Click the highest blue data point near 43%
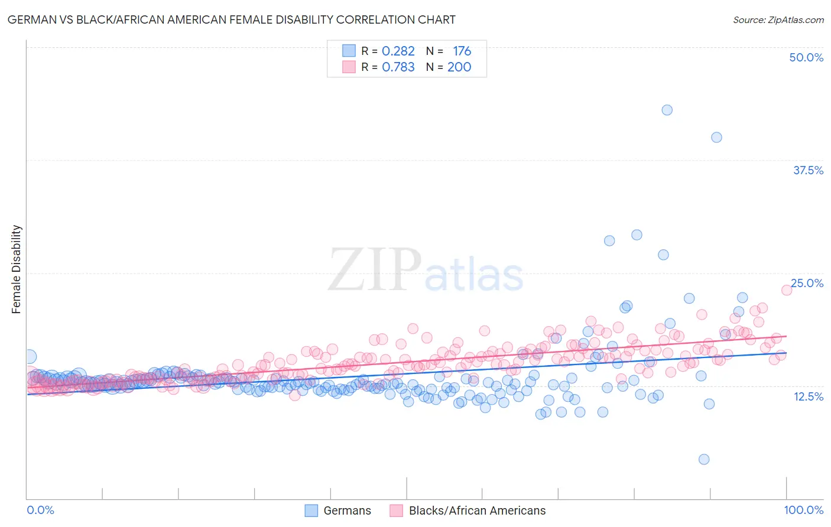pyautogui.click(x=667, y=110)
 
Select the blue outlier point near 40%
pyautogui.click(x=716, y=137)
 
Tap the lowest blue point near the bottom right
pyautogui.click(x=703, y=459)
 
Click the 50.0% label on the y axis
pyautogui.click(x=806, y=57)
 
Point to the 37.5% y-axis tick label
pyautogui.click(x=808, y=170)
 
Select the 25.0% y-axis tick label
pyautogui.click(x=807, y=283)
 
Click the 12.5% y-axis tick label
pyautogui.click(x=808, y=396)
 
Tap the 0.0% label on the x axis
pyautogui.click(x=41, y=510)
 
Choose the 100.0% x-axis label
pyautogui.click(x=803, y=510)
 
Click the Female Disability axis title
pyautogui.click(x=17, y=269)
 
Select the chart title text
pyautogui.click(x=231, y=19)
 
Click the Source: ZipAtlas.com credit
pyautogui.click(x=778, y=19)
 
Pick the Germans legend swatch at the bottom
pyautogui.click(x=311, y=510)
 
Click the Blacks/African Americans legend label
pyautogui.click(x=477, y=510)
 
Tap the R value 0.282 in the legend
pyautogui.click(x=398, y=51)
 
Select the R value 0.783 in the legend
pyautogui.click(x=398, y=67)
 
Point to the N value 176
pyautogui.click(x=462, y=51)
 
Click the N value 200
pyautogui.click(x=459, y=67)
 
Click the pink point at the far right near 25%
pyautogui.click(x=786, y=289)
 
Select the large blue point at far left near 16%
pyautogui.click(x=29, y=356)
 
